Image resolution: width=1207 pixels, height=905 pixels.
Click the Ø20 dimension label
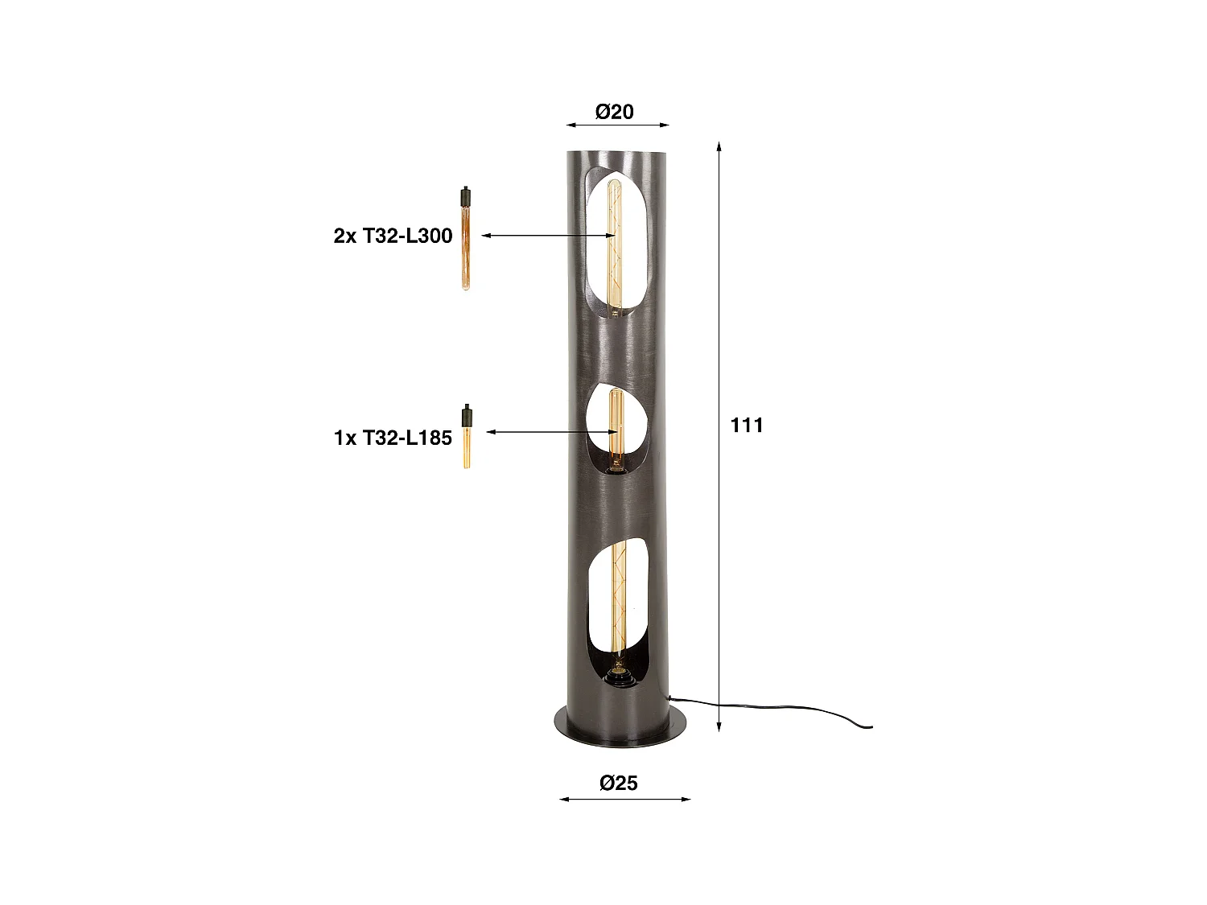(x=615, y=112)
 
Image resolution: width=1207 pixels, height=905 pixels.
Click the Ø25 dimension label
(x=618, y=782)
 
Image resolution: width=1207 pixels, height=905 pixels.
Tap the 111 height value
(x=747, y=425)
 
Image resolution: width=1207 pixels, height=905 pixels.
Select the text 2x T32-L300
(x=393, y=236)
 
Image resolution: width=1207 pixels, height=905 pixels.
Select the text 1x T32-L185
(x=393, y=438)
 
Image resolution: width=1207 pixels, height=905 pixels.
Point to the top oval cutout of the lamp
(x=615, y=241)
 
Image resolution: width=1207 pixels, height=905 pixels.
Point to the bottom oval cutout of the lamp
(x=617, y=611)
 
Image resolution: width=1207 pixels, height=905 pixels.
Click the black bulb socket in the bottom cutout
(x=618, y=679)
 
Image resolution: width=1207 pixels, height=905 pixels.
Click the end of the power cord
(x=869, y=728)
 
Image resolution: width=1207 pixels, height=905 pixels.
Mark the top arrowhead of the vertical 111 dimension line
(x=719, y=146)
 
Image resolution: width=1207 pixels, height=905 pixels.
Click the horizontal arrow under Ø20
(x=617, y=125)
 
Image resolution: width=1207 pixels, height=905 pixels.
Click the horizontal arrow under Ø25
(x=624, y=800)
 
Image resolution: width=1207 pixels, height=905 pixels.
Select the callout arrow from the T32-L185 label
(x=552, y=432)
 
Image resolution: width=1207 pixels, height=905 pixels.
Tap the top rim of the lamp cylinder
(x=618, y=153)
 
